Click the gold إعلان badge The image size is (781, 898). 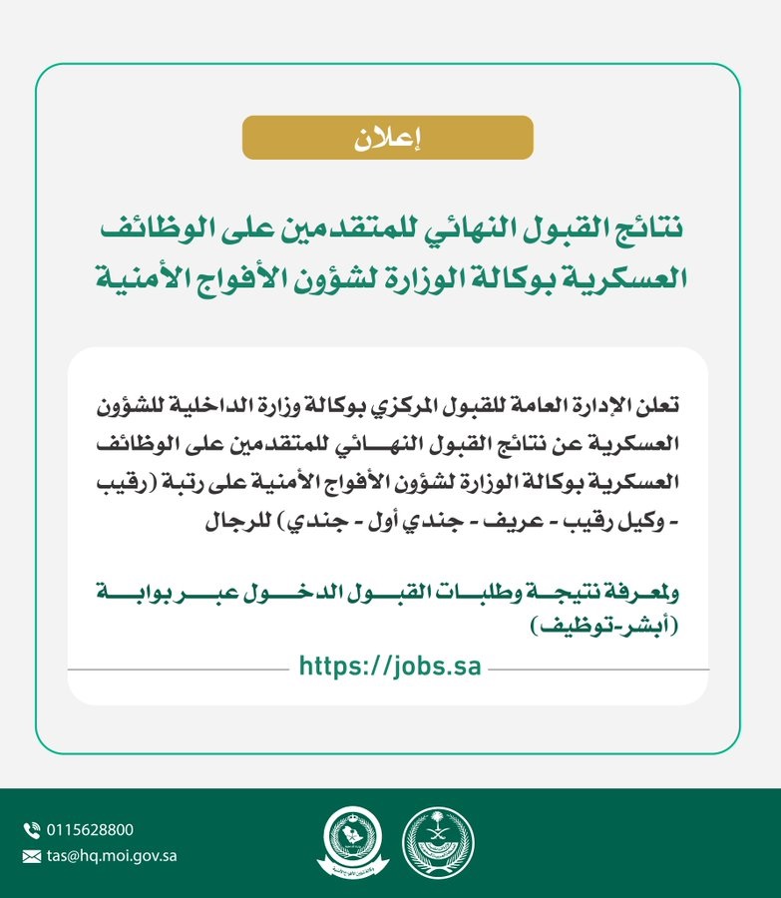point(387,138)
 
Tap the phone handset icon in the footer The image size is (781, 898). point(31,829)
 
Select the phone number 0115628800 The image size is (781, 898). point(90,830)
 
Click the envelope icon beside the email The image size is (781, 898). point(31,855)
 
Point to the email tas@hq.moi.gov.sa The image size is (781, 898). point(112,855)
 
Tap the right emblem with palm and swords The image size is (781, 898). point(438,842)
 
